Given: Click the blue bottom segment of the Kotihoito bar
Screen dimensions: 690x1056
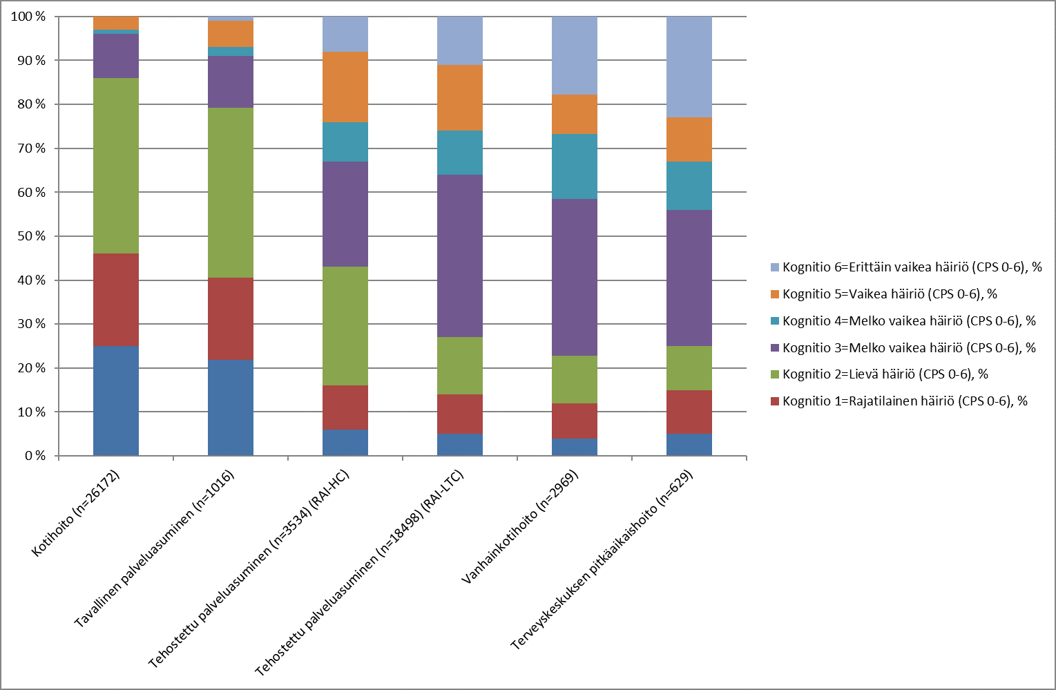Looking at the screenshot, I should click(116, 401).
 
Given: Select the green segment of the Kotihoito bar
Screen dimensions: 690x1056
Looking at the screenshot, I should click(116, 166).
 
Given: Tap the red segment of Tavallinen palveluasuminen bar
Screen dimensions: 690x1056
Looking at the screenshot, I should click(231, 318).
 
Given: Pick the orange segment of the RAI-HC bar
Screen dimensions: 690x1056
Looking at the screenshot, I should click(345, 87).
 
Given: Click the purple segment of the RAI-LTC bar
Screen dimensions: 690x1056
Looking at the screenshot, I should click(460, 256).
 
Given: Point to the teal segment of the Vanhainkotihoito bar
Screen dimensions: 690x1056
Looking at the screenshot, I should click(575, 166).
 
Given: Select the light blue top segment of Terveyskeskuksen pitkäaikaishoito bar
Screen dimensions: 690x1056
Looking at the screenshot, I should click(689, 67).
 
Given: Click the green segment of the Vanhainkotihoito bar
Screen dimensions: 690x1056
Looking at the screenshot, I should click(575, 379).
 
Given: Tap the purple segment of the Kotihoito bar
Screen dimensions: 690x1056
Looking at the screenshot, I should click(116, 56).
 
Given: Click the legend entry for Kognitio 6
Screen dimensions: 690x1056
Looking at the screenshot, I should click(912, 267).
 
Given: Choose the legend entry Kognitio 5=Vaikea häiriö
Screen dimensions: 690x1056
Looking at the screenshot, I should click(890, 294).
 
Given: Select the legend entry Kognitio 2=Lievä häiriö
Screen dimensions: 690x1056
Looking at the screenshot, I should click(885, 374).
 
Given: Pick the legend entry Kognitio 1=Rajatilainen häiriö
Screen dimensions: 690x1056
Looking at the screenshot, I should click(905, 401).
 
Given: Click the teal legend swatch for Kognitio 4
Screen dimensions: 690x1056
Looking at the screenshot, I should click(775, 321).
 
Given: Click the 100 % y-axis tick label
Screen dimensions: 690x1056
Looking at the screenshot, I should click(28, 17).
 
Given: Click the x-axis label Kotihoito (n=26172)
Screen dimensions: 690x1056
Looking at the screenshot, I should click(77, 513).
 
